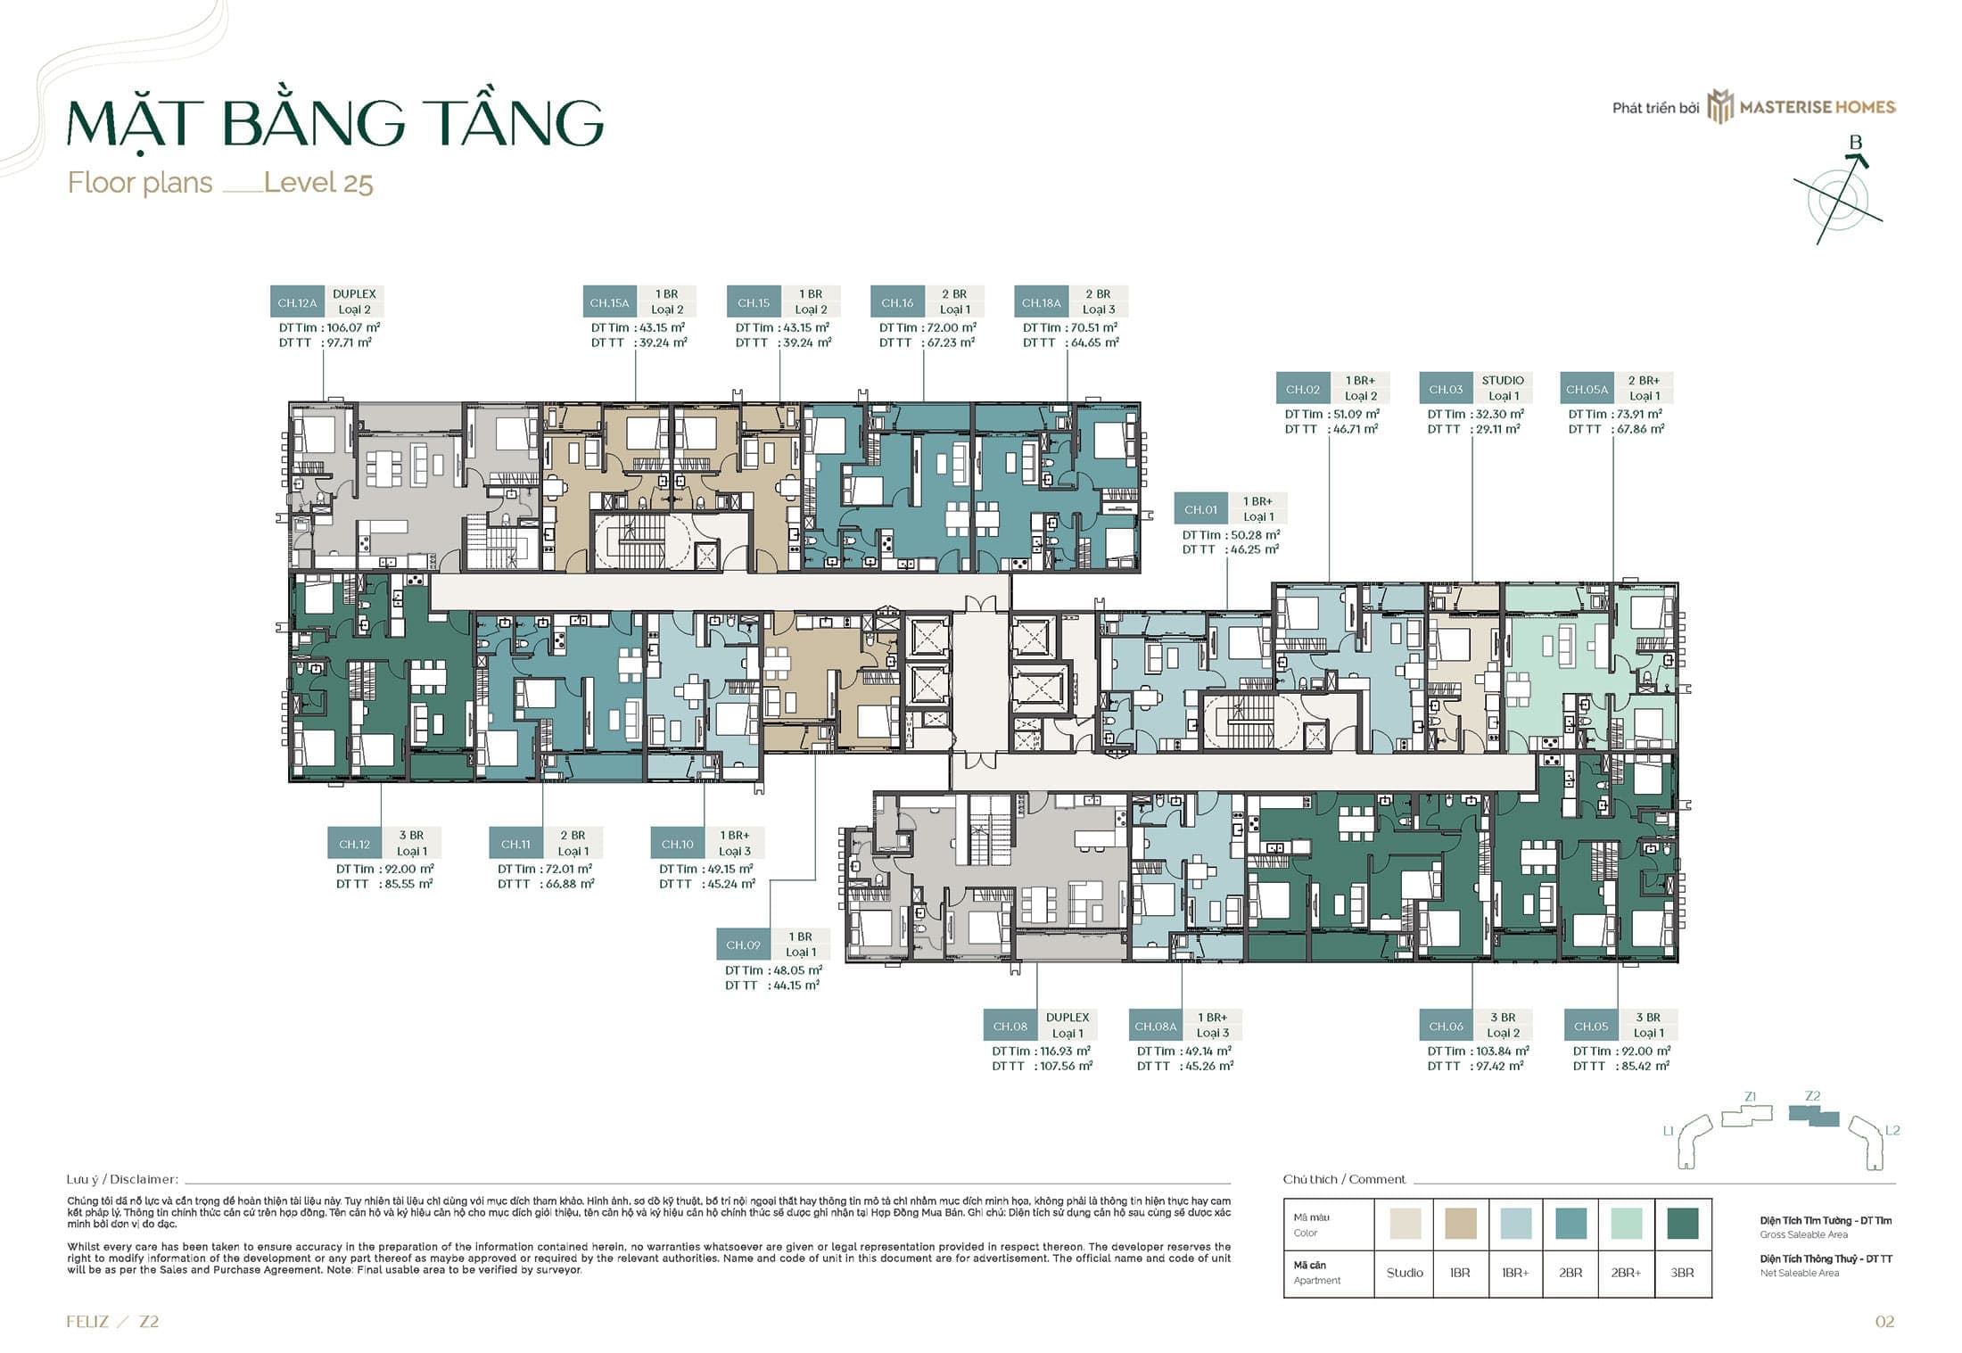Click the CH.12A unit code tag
[297, 302]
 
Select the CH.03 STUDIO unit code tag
[1446, 389]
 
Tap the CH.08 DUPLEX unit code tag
[1010, 1026]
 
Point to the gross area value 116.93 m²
[1065, 1051]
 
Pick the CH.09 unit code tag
[743, 945]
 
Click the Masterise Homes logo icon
[1719, 106]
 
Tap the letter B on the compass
[1855, 143]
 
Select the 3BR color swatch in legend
[1682, 1223]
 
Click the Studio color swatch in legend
[1406, 1223]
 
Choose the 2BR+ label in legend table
[1626, 1273]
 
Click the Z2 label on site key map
[1812, 1096]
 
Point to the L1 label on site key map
[1669, 1130]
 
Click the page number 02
[1884, 1322]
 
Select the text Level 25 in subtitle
[318, 183]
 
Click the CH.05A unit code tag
[1587, 389]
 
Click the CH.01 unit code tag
[1200, 510]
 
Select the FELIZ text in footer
[87, 1322]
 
